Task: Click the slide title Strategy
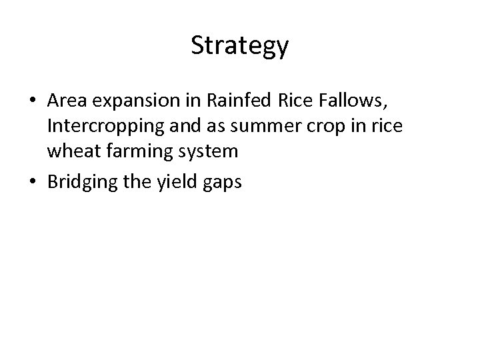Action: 240,45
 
